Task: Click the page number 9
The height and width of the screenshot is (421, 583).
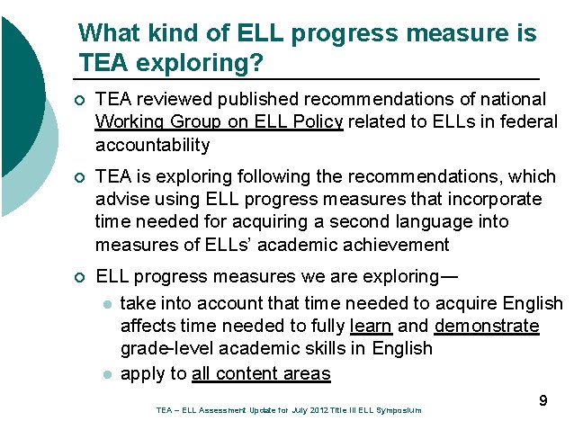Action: point(543,400)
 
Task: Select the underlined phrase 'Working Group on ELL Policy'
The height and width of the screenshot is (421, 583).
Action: point(219,121)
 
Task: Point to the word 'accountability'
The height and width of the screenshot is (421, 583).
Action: point(152,145)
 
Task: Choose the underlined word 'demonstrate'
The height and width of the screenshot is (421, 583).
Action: point(487,326)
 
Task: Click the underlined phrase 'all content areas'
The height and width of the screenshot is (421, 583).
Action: point(260,372)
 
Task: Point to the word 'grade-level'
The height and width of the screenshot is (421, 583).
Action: point(166,349)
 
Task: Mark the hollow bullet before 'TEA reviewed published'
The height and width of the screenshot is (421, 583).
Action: point(82,100)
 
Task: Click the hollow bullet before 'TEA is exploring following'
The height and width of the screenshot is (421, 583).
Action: point(82,176)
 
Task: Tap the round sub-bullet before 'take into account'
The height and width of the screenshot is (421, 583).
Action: point(106,304)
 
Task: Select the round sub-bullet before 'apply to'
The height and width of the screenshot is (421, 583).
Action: point(106,373)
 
